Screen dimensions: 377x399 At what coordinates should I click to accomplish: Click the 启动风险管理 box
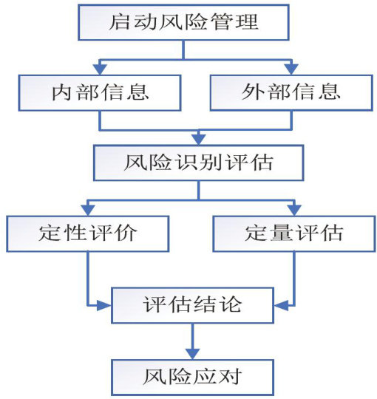[183, 22]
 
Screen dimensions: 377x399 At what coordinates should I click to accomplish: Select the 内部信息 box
[100, 92]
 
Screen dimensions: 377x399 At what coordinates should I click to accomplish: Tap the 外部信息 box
[291, 92]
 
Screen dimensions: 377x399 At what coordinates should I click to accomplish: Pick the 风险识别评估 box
[199, 163]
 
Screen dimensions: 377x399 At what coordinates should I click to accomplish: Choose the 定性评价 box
[88, 233]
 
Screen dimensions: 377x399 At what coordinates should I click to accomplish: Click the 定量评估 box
[294, 233]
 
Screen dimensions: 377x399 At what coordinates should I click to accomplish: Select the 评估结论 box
[192, 305]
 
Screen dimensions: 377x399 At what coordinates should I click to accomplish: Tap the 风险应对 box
[192, 377]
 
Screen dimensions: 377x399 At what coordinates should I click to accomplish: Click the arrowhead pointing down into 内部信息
[100, 69]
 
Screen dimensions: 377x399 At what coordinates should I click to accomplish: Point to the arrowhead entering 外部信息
[291, 69]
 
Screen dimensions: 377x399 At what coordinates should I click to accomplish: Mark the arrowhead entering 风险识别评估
[199, 140]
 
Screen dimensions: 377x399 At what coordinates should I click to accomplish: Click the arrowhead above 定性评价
[88, 211]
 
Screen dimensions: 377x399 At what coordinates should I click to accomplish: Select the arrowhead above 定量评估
[294, 211]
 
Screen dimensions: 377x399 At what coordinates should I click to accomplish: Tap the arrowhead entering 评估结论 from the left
[105, 305]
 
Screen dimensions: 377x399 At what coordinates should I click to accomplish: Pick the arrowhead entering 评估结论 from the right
[280, 305]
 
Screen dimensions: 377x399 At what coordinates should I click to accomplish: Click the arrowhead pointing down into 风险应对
[193, 354]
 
